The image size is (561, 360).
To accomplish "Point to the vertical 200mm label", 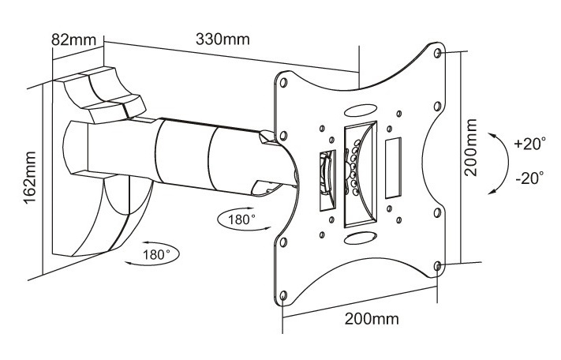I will pos(472,158).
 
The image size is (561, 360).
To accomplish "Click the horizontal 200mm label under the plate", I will pos(372,319).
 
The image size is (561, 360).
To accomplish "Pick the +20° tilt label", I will pos(528,144).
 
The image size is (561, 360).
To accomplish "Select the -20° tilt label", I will pos(528,178).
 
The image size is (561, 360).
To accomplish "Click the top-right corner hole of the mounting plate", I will pos(439,54).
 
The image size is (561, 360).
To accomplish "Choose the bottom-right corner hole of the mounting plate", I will pos(439,266).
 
